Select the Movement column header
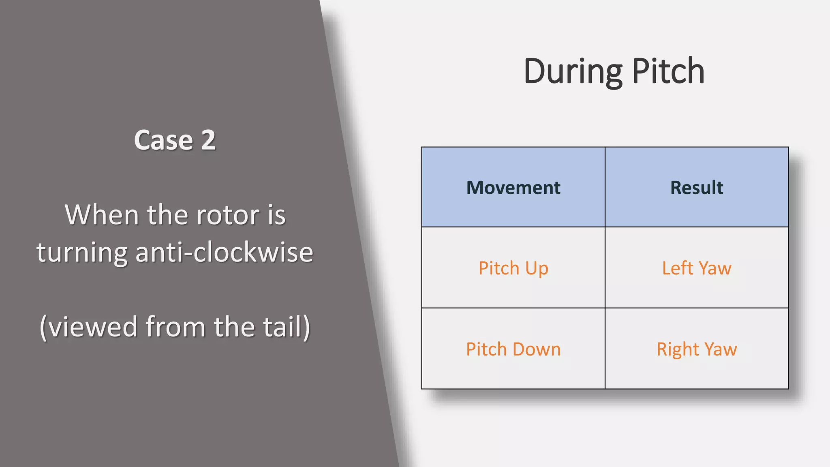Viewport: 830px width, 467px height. point(513,188)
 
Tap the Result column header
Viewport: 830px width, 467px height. point(696,188)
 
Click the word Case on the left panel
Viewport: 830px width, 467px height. point(163,140)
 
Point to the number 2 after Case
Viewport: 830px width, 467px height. point(208,140)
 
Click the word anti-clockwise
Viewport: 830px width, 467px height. point(224,252)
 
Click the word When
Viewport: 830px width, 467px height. point(102,215)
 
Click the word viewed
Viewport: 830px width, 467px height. point(93,327)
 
